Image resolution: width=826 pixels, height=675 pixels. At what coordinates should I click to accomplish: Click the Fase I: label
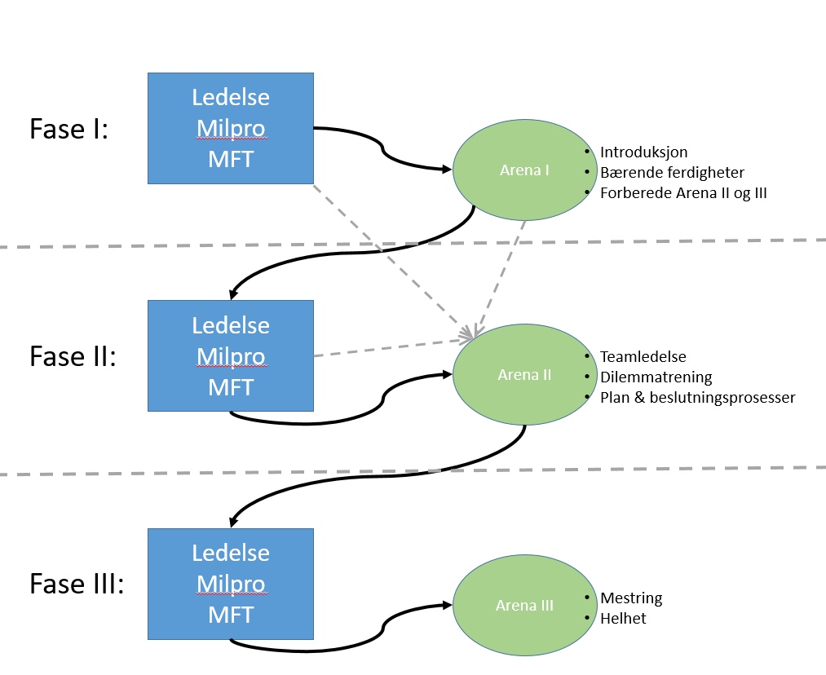pos(68,129)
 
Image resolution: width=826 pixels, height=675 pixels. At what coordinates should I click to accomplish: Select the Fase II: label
pos(73,356)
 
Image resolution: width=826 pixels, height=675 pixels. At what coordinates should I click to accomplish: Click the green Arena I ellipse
pos(524,170)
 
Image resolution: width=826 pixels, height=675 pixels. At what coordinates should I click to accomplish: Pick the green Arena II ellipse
pos(524,375)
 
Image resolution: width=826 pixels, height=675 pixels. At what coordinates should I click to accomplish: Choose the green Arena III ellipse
pos(524,606)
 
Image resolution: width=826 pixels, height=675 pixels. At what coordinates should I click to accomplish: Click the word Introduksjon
pos(643,152)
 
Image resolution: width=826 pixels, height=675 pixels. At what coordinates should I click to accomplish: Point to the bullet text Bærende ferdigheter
pos(672,172)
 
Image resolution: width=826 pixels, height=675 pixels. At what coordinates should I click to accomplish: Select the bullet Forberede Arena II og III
pos(683,193)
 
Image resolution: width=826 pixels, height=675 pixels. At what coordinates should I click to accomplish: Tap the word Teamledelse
pos(643,356)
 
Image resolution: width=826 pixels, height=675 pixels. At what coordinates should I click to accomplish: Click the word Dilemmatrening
pos(656,377)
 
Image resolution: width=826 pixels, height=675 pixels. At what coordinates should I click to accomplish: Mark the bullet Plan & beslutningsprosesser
pos(697,398)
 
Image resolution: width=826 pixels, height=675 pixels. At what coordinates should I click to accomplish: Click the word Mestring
pos(631,598)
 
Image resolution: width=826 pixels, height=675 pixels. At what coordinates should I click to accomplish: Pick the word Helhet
pos(623,618)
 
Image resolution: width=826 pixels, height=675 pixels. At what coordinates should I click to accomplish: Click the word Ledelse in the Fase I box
pos(231,97)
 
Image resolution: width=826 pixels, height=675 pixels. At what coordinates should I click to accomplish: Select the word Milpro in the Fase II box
pos(231,356)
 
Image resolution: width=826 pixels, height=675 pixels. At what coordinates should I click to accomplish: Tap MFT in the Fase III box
pos(231,615)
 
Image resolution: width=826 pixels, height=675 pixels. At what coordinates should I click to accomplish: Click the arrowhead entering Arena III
pos(448,605)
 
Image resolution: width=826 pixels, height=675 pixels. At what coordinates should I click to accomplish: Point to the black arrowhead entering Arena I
pos(448,170)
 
